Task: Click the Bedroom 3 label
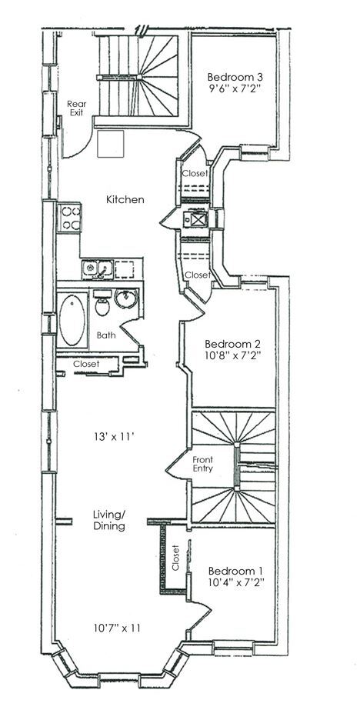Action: [235, 76]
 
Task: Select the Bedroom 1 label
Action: [235, 571]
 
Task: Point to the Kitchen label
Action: [125, 199]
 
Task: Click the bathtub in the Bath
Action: [72, 320]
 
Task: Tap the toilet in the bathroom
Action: [102, 302]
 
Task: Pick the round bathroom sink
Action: [126, 298]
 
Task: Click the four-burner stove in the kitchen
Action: [69, 218]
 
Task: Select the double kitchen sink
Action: [98, 269]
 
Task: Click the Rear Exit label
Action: [76, 108]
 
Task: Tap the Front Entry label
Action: [202, 464]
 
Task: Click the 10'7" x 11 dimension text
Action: [117, 628]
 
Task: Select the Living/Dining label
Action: [109, 520]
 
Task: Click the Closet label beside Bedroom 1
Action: [176, 558]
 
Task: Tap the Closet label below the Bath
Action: [86, 364]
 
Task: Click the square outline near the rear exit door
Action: [111, 144]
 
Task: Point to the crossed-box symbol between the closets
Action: [198, 220]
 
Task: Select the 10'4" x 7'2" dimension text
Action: [235, 583]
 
